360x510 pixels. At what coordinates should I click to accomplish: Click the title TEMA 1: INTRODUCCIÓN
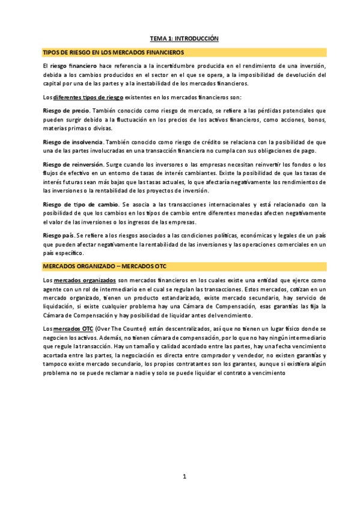184,38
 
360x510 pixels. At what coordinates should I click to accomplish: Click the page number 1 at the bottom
185,477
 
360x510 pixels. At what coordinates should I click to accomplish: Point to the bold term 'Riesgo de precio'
66,111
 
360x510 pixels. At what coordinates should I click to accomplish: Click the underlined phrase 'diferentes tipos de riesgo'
88,97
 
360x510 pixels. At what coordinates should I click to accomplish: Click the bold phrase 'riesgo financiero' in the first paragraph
74,66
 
